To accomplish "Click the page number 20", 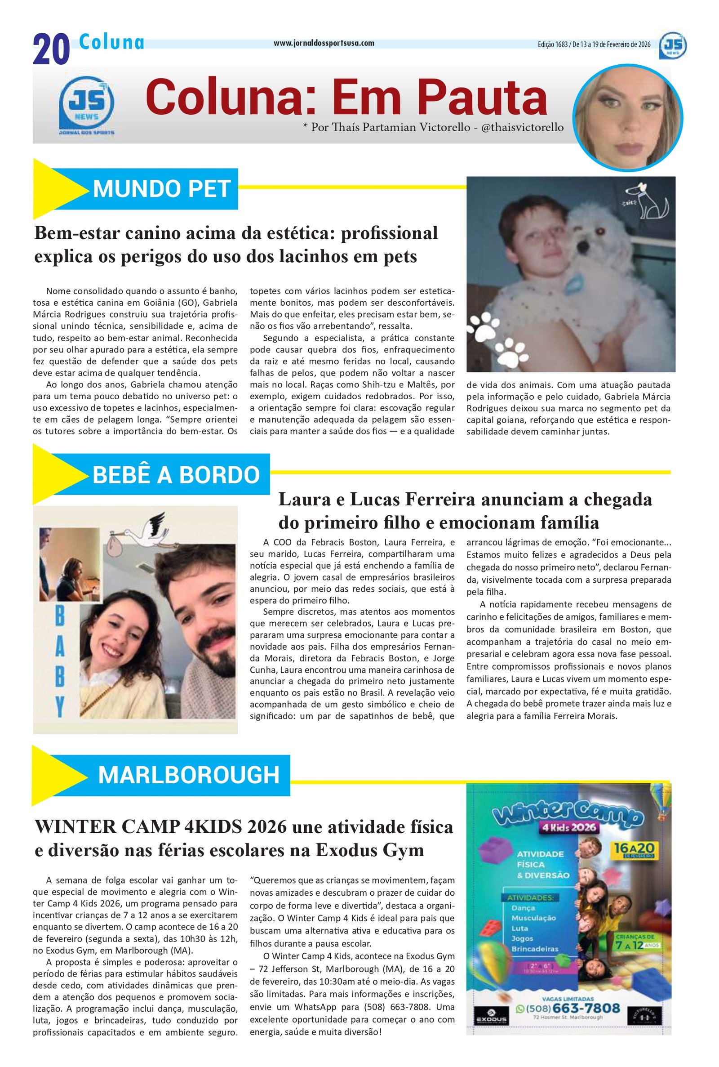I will pyautogui.click(x=51, y=50).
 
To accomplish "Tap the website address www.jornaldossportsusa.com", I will pyautogui.click(x=324, y=43).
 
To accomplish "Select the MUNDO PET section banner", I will pyautogui.click(x=161, y=189).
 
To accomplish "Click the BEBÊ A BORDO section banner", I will pyautogui.click(x=176, y=474).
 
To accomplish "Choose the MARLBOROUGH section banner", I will pyautogui.click(x=188, y=775).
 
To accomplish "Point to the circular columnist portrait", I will pyautogui.click(x=628, y=116).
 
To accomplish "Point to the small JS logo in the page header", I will pyautogui.click(x=673, y=45).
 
